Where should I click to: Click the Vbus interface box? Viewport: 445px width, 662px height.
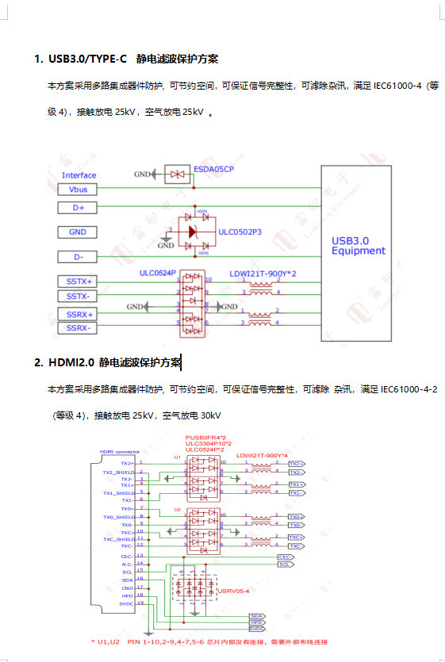(78, 189)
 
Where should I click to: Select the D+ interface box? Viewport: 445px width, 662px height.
(78, 208)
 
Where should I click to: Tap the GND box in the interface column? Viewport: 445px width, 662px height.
(78, 232)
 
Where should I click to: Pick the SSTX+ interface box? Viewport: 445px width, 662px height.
(78, 281)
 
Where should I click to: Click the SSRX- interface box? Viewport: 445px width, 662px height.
(78, 327)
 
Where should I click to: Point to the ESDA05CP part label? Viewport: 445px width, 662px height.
(213, 169)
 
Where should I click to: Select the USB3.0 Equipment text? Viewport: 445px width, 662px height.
(358, 245)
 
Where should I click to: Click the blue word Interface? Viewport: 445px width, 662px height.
(79, 175)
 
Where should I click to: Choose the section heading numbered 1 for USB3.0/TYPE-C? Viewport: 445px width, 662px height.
(126, 59)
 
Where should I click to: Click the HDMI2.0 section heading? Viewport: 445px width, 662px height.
(108, 363)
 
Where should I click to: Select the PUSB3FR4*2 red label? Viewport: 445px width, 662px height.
(205, 437)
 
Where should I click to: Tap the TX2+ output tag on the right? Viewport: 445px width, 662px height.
(294, 463)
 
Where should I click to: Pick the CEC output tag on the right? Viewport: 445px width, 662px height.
(285, 557)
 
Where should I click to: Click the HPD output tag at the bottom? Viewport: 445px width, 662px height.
(256, 622)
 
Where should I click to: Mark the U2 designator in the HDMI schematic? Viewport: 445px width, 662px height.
(178, 509)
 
